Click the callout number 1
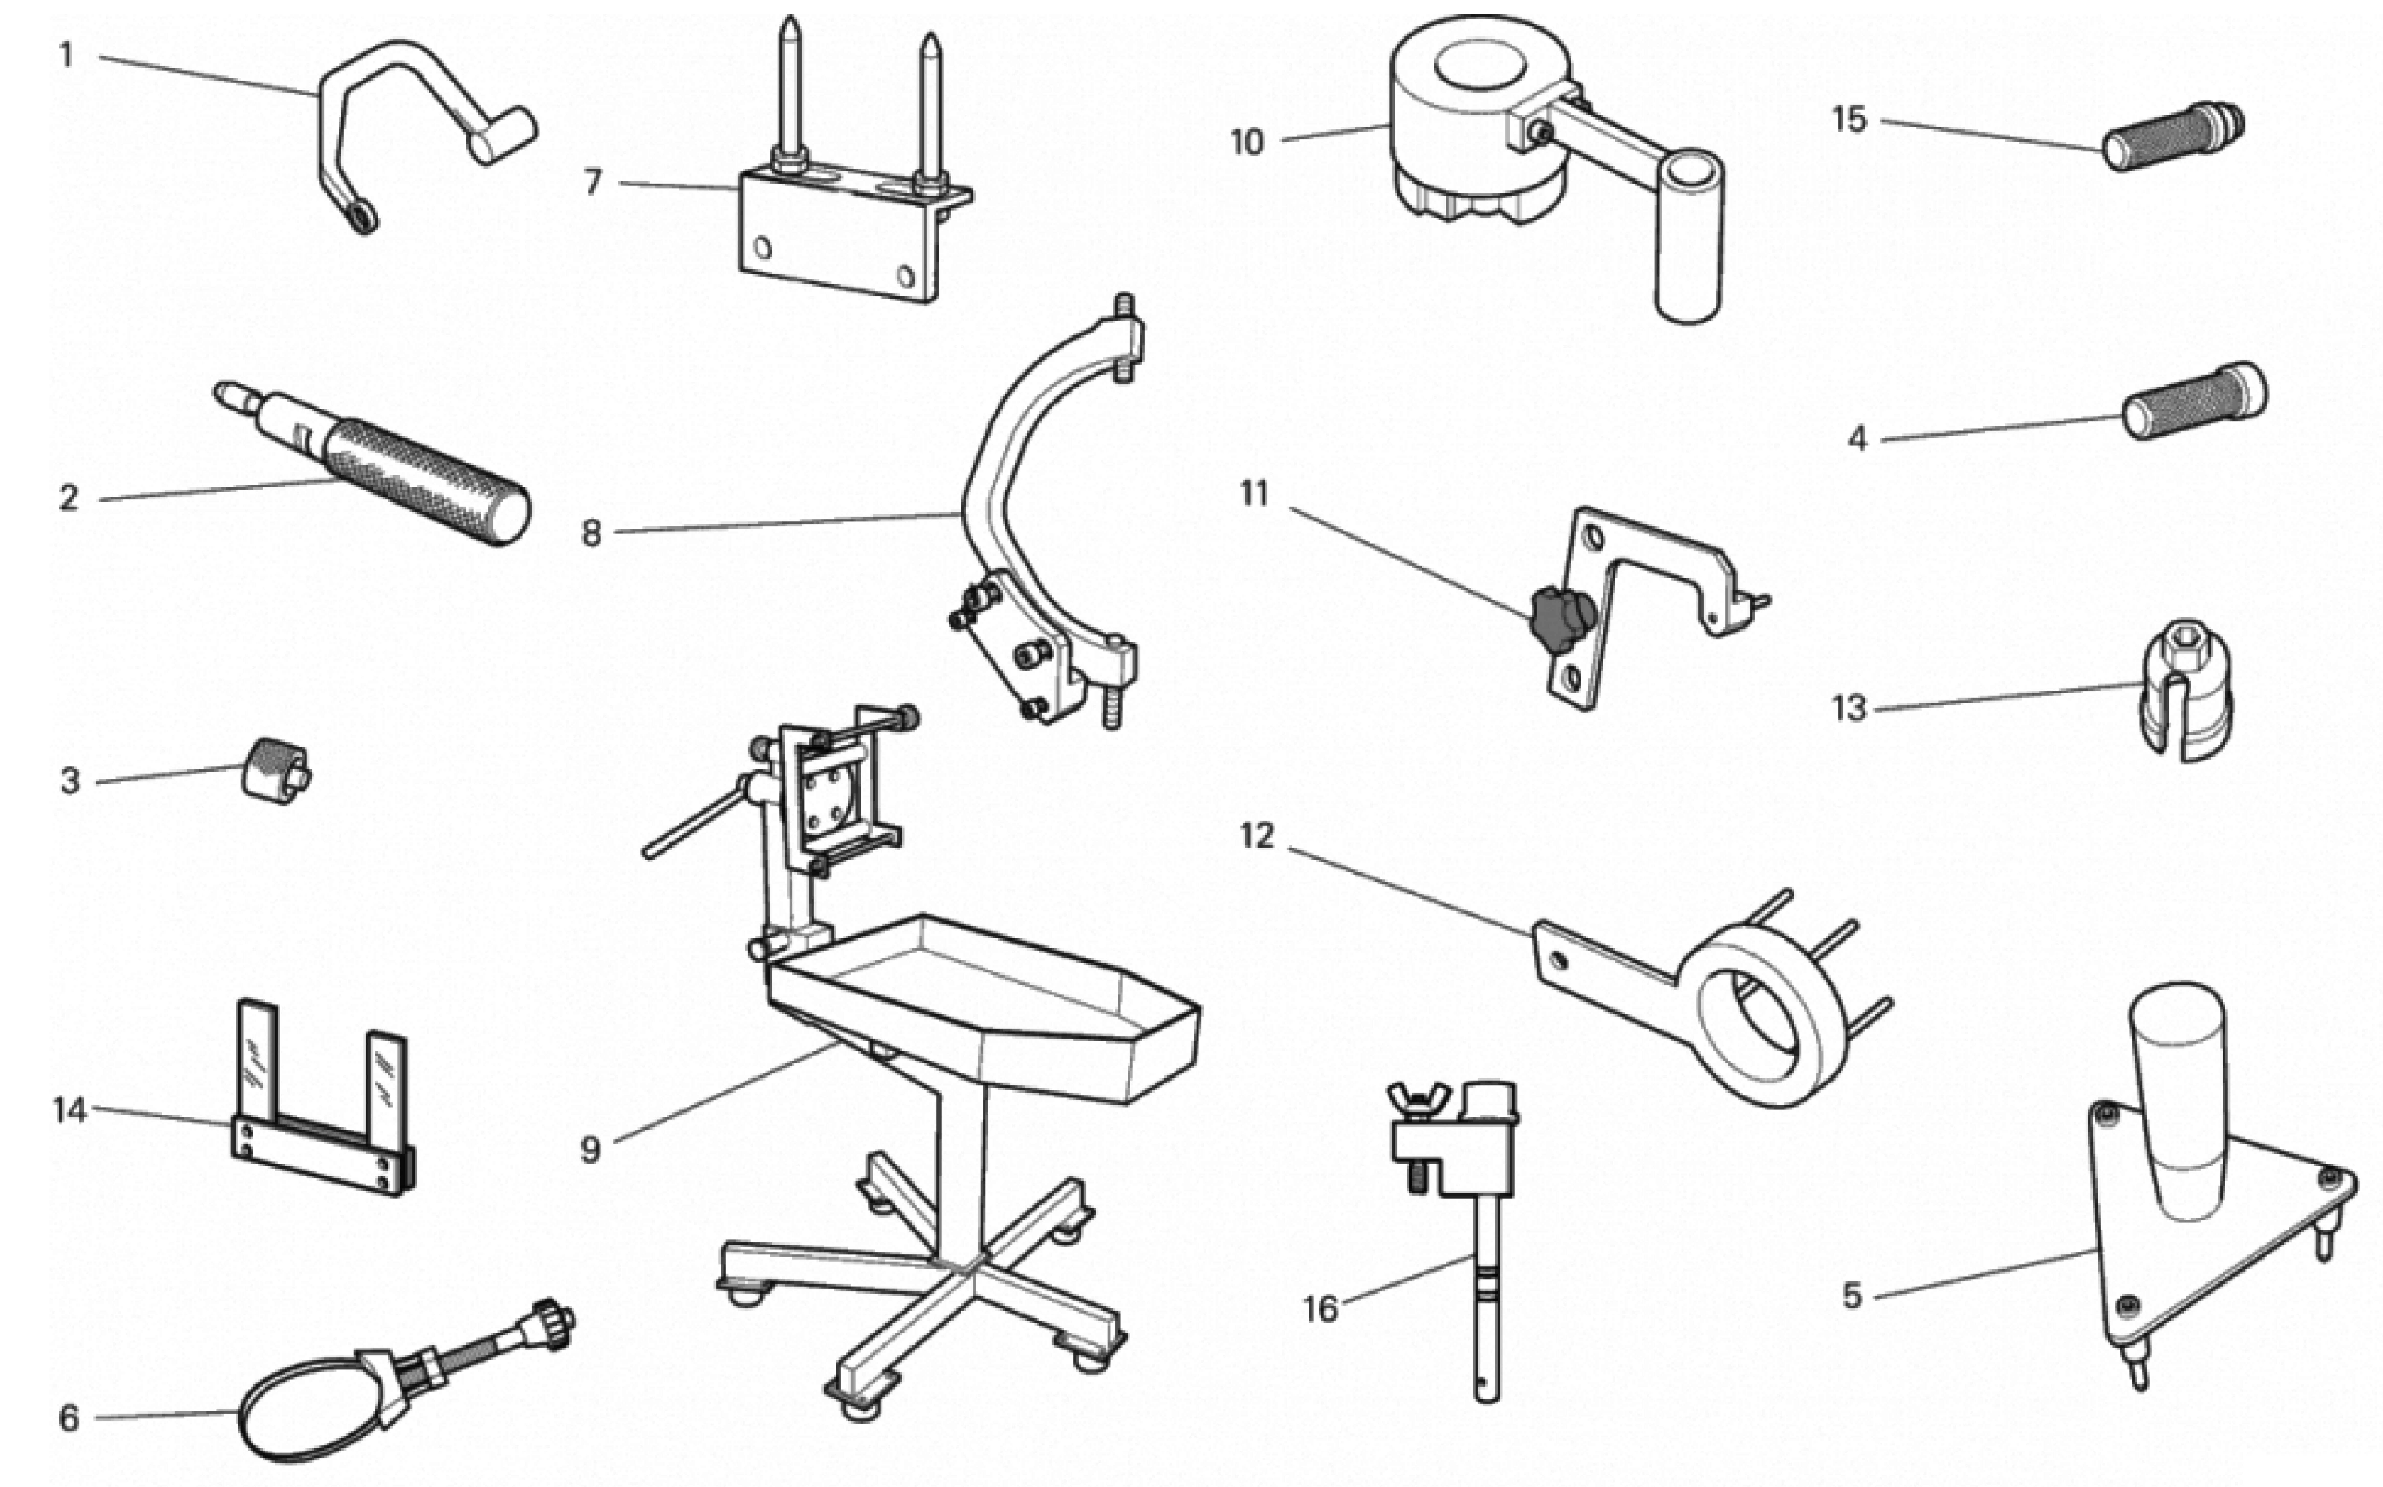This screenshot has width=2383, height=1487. click(x=66, y=55)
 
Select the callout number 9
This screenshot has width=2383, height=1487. click(x=590, y=1149)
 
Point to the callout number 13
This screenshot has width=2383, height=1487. click(x=1848, y=708)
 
